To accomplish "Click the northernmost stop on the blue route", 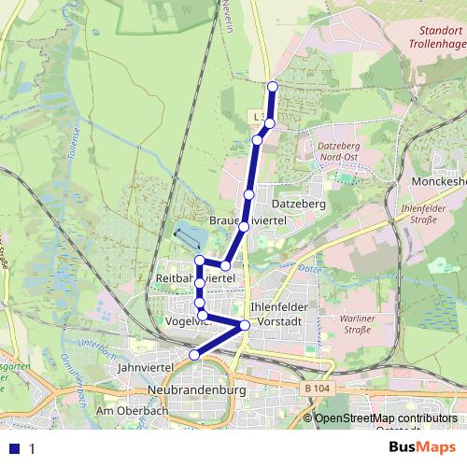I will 273,87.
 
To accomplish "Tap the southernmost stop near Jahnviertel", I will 194,354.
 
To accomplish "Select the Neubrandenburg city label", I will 195,389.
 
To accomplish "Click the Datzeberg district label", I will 298,203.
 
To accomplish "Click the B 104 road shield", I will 317,388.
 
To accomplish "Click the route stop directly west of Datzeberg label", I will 248,194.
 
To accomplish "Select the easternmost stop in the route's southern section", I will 245,325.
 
